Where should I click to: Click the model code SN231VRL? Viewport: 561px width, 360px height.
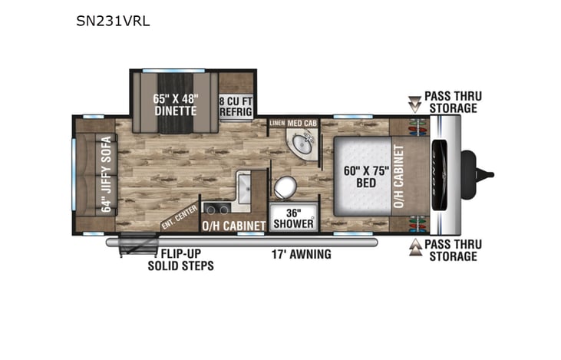(x=113, y=21)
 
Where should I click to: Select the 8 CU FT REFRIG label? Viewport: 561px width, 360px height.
(x=236, y=104)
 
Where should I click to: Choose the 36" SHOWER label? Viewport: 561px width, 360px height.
(x=293, y=218)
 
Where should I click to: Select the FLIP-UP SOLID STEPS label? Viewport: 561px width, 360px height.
(x=180, y=260)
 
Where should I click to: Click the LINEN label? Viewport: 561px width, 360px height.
(x=276, y=123)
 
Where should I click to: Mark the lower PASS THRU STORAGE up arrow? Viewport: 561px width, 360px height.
(x=415, y=249)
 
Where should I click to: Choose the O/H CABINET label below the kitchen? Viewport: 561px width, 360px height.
(x=233, y=225)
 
